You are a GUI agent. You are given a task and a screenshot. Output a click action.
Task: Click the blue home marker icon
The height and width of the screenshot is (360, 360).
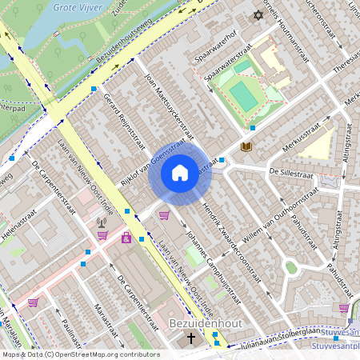click(x=180, y=173)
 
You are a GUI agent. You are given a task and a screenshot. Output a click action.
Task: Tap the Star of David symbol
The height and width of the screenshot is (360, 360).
click(x=258, y=15)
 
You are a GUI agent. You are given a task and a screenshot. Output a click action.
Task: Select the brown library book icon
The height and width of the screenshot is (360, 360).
click(x=246, y=146)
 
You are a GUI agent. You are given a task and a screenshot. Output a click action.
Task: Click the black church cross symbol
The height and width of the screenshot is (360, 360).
click(x=190, y=338)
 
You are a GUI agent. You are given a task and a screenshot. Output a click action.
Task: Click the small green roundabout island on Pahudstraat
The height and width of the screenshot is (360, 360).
click(x=291, y=267)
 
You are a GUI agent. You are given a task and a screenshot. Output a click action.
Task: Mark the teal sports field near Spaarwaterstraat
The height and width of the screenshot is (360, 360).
click(x=243, y=95)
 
